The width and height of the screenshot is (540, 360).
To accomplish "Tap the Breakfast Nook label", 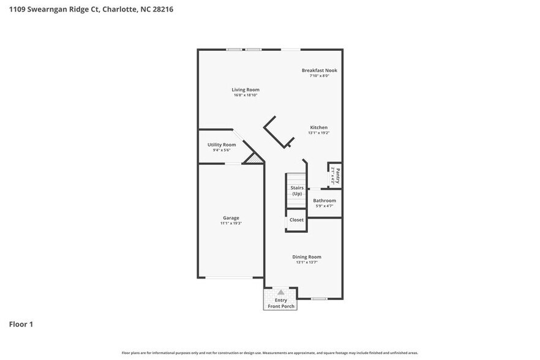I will pos(319,70).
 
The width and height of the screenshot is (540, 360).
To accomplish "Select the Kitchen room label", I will pos(318,127).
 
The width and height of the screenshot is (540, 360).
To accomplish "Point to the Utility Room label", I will pos(221,144).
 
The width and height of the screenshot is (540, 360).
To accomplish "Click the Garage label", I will pos(231,218).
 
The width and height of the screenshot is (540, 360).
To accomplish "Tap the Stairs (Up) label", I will pos(296,190).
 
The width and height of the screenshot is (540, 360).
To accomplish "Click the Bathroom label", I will pos(324,200).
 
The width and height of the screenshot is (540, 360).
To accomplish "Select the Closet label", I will pos(296,220).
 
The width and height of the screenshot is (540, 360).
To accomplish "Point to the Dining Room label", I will pos(306,257).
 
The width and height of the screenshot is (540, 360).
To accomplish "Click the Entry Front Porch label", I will pos(280,303).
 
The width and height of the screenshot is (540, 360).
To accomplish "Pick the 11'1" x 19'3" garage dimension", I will pos(231,223).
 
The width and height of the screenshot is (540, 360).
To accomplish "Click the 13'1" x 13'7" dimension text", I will pos(306,262).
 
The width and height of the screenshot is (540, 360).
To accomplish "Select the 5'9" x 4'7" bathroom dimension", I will pos(324,206).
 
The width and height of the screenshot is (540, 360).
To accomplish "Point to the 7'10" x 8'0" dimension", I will pos(319,76).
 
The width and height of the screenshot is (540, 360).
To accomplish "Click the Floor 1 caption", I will pos(21,324).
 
